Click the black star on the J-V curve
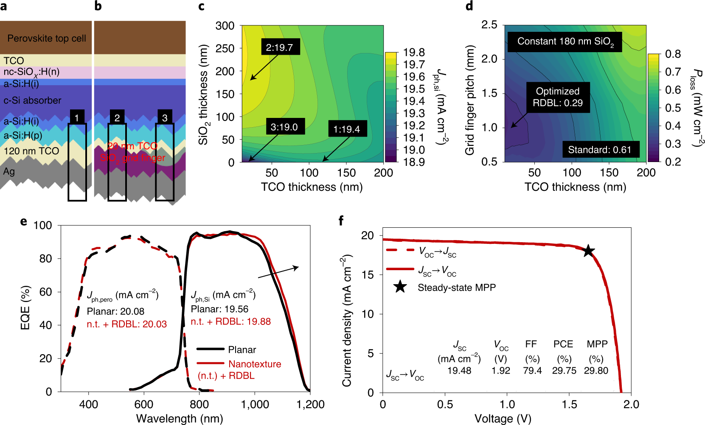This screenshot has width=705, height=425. (x=588, y=251)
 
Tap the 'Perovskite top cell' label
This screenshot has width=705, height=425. (x=47, y=38)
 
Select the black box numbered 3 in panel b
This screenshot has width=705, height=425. (x=165, y=118)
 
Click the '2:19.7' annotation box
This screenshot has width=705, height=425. (x=279, y=47)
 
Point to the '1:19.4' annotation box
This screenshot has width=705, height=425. (x=346, y=129)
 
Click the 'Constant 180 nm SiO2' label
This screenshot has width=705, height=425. (x=565, y=42)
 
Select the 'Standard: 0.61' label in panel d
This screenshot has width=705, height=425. (x=600, y=149)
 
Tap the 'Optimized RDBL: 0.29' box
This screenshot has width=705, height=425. (x=557, y=97)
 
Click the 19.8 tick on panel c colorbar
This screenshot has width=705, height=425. (x=413, y=52)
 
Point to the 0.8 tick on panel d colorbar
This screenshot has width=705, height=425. (x=673, y=54)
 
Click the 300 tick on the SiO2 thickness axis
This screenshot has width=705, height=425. (x=225, y=25)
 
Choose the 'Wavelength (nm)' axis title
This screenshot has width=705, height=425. (x=180, y=418)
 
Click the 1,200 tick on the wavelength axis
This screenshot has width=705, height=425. (x=310, y=404)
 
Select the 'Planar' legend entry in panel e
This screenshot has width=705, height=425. (x=242, y=350)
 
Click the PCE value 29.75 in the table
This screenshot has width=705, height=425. (x=564, y=370)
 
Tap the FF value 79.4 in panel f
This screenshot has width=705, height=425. (x=532, y=370)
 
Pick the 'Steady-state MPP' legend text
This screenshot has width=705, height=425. (x=456, y=288)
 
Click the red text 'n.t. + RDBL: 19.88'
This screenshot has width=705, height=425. (x=230, y=322)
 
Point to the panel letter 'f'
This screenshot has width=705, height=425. (x=341, y=221)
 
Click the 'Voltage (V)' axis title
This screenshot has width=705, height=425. (x=503, y=418)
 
